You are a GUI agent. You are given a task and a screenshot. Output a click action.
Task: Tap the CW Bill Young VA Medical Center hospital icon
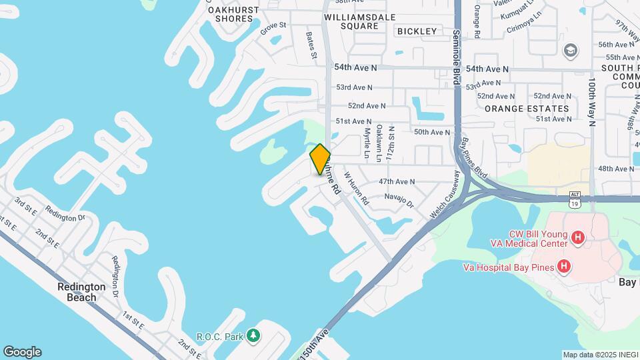coord(578,237)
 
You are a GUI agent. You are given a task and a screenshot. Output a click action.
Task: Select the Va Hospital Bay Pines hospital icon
coord(564,267)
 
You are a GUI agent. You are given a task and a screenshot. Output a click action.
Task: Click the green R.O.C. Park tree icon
coord(253,335)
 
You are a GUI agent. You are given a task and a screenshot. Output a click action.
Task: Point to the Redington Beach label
coord(81,292)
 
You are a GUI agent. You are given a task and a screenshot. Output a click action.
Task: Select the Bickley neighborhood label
coord(417,31)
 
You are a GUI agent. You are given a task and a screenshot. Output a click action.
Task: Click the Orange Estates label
coord(527,109)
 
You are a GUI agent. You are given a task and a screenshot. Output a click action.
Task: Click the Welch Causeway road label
coord(445,194)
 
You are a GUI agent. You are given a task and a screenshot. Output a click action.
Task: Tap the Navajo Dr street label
coord(399,199)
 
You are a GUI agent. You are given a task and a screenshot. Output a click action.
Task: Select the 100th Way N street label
coord(591,101)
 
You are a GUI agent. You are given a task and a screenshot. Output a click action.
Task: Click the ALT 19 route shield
coord(575,198)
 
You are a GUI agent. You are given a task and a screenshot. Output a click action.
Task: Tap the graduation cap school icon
coord(570,51)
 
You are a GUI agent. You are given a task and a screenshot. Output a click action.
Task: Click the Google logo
coord(22,352)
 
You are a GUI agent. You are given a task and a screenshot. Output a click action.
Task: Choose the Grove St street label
coord(273,28)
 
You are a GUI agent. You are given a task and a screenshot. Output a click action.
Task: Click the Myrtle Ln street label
coord(367,144)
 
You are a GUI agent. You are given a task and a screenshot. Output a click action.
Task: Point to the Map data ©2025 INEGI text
coord(599,355)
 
